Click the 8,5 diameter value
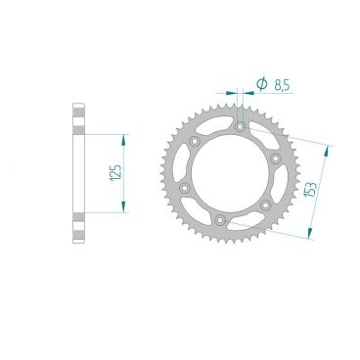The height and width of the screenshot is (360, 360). coord(283,86)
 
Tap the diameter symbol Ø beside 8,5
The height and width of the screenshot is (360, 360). coord(261,85)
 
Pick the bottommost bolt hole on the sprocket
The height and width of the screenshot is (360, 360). coord(221,220)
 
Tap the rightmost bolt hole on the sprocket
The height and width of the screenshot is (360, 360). coord(276,157)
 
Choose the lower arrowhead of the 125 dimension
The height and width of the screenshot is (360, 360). coord(124,208)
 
